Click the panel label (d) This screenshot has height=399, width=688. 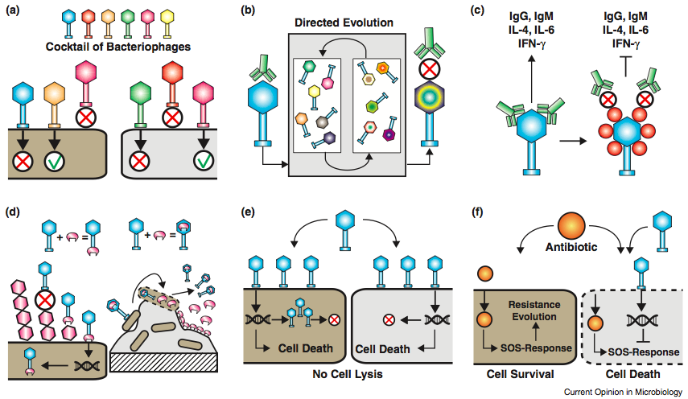(15, 214)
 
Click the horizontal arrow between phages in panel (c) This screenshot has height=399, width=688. (568, 138)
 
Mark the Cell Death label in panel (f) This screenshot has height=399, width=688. (634, 375)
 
